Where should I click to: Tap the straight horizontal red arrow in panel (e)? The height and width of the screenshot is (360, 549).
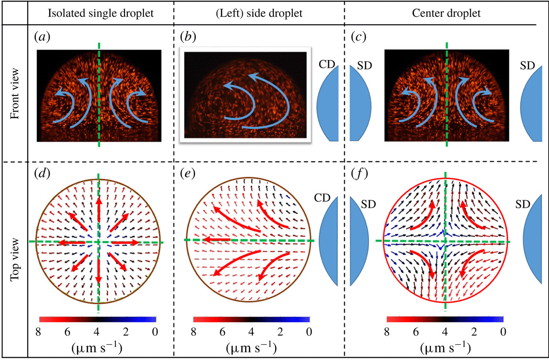[x=215, y=240]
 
